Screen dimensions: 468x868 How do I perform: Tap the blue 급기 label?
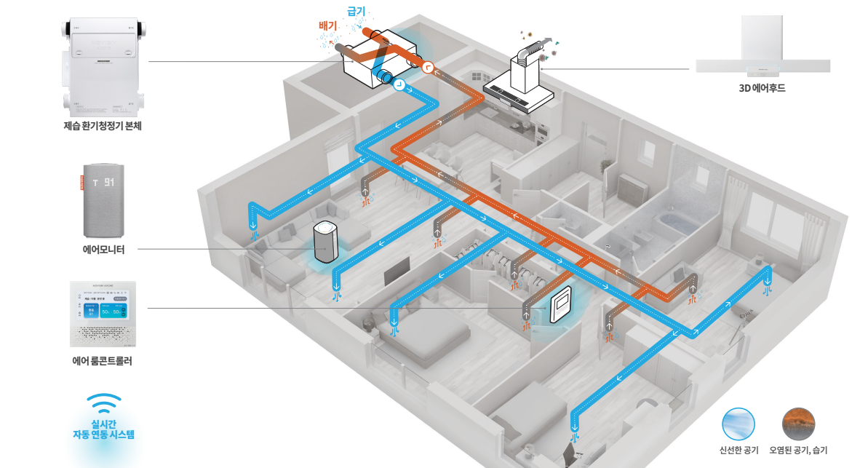[356, 12]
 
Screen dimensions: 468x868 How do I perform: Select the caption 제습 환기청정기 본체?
[102, 126]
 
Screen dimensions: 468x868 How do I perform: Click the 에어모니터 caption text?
[103, 250]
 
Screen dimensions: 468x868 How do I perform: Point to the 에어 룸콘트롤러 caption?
[102, 360]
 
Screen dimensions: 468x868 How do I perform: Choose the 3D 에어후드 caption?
[762, 89]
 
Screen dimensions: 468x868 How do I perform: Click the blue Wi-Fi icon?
[103, 403]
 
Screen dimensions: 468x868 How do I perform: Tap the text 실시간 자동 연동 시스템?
[103, 429]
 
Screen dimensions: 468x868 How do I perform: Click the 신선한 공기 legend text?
[738, 451]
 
